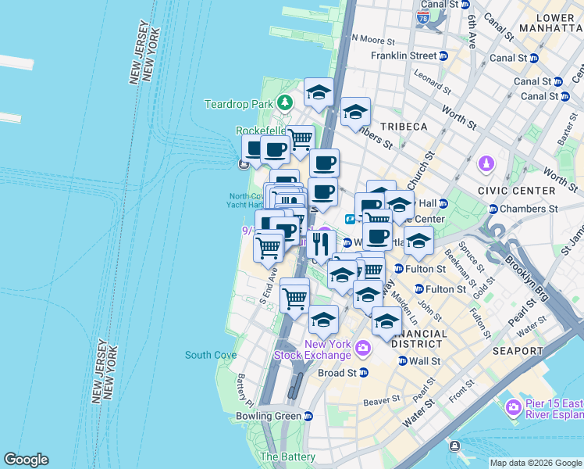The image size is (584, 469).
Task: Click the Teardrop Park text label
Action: coord(238,103)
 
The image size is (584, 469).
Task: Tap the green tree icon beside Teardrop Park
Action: coord(286,102)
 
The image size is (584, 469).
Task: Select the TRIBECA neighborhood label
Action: coord(404,127)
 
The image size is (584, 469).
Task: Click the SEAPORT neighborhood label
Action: coord(518,351)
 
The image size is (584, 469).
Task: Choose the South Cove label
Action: coord(211,355)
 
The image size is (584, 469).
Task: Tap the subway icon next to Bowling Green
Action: coord(308,416)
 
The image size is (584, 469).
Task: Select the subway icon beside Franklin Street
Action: coord(443,56)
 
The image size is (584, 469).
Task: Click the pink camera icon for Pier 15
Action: coord(513,407)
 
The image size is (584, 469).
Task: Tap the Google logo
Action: coord(26,460)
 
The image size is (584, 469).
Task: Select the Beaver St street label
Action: coord(381,399)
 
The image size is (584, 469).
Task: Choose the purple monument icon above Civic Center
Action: coord(486,164)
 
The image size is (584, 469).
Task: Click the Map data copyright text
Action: coord(535,463)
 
